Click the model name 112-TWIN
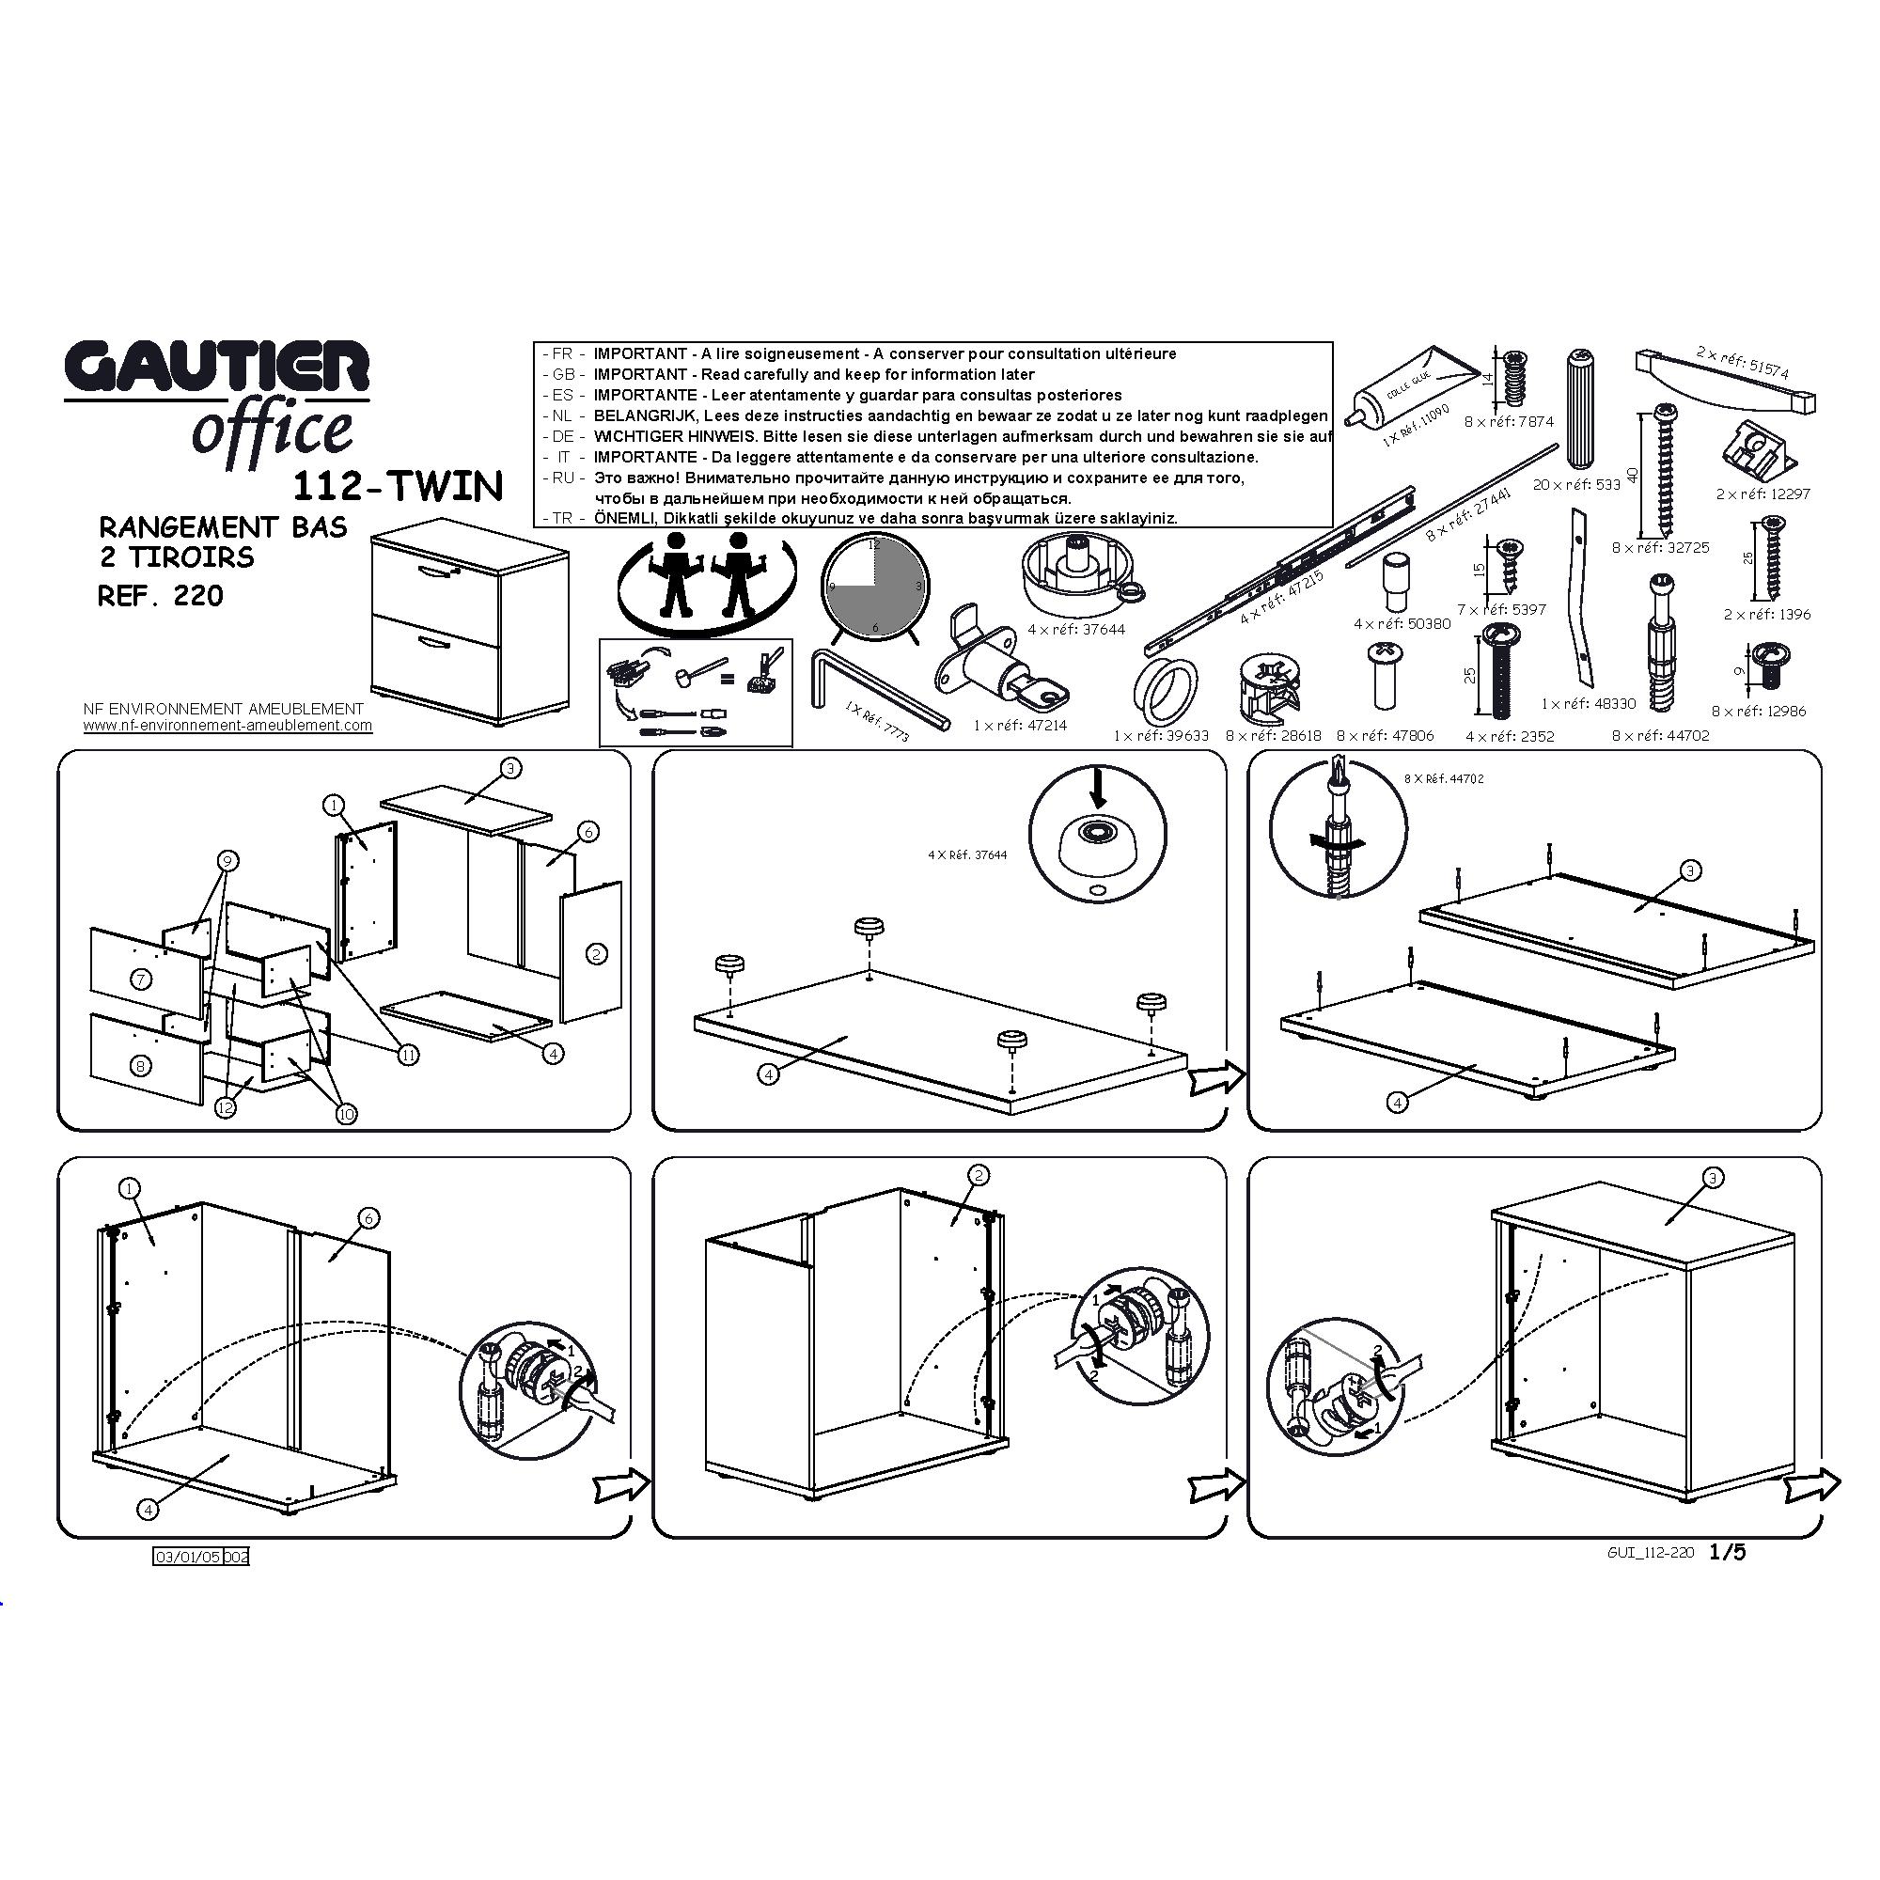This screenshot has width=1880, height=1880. [397, 486]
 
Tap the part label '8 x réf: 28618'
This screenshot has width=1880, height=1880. [1273, 736]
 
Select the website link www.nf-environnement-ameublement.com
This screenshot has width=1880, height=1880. [227, 725]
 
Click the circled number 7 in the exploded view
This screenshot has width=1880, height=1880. [142, 979]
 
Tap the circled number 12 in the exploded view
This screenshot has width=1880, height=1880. [226, 1107]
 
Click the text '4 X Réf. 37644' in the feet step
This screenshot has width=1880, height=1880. [967, 855]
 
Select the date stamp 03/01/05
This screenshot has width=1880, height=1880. [189, 1557]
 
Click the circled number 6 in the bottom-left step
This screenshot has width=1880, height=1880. [368, 1217]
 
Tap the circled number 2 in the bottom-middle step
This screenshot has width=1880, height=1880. [979, 1176]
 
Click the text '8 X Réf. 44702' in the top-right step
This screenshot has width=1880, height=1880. [1444, 779]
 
